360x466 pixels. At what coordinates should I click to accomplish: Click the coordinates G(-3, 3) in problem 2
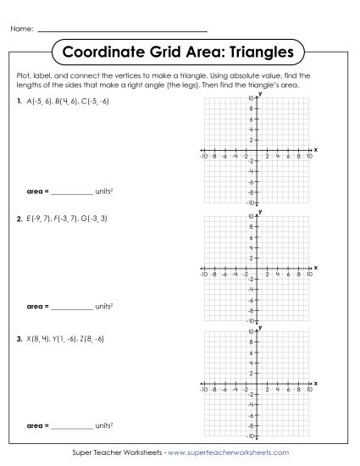coord(93,219)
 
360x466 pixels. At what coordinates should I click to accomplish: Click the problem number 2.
coord(19,219)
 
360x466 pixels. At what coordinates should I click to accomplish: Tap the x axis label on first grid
coord(315,148)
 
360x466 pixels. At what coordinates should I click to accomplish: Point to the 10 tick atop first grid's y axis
coord(252,97)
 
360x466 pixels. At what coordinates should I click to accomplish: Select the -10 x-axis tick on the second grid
coord(204,275)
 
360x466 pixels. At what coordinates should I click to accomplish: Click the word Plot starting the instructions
coord(23,76)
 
